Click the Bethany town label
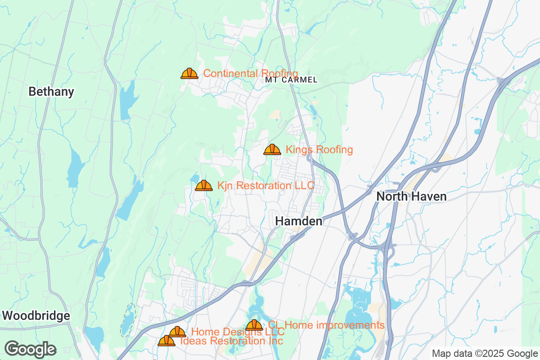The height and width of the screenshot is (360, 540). click(x=51, y=92)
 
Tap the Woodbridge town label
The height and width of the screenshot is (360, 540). click(x=36, y=316)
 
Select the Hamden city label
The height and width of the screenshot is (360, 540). click(x=299, y=221)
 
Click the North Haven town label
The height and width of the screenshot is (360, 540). click(x=411, y=197)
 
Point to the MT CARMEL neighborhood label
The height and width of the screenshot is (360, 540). click(x=291, y=80)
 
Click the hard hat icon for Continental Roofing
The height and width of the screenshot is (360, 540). click(x=189, y=73)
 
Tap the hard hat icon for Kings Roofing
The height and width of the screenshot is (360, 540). click(x=272, y=149)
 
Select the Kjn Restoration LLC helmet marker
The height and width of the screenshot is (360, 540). click(x=204, y=185)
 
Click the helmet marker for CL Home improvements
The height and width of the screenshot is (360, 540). click(x=254, y=325)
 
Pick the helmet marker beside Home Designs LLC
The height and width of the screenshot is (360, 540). click(x=177, y=332)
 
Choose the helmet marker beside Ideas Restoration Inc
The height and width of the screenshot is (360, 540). click(x=166, y=341)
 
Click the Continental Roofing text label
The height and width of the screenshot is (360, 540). click(x=251, y=73)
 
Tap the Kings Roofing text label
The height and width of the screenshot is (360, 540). click(x=319, y=149)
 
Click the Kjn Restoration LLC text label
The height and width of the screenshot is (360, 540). click(x=265, y=185)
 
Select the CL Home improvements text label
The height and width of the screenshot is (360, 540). click(x=326, y=325)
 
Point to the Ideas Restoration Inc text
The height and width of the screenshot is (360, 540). click(x=231, y=341)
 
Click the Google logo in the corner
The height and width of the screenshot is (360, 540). click(x=31, y=349)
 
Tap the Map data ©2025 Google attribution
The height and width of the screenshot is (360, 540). click(x=485, y=353)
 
